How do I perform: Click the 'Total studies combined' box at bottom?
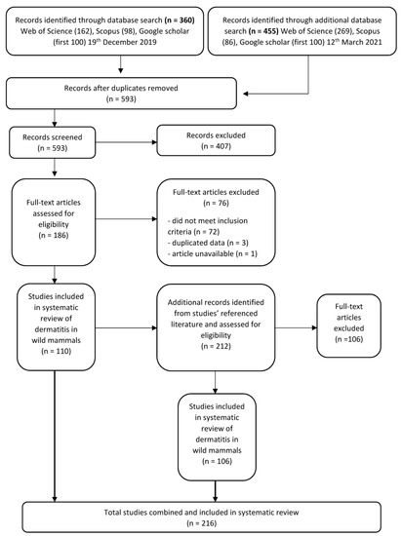(201, 508)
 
